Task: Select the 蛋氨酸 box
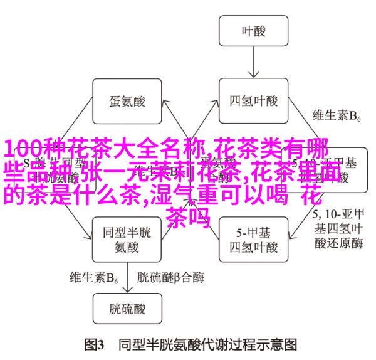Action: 126,101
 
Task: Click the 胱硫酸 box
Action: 126,310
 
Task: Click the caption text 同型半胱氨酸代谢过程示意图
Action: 207,344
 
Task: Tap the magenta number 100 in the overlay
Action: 23,150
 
